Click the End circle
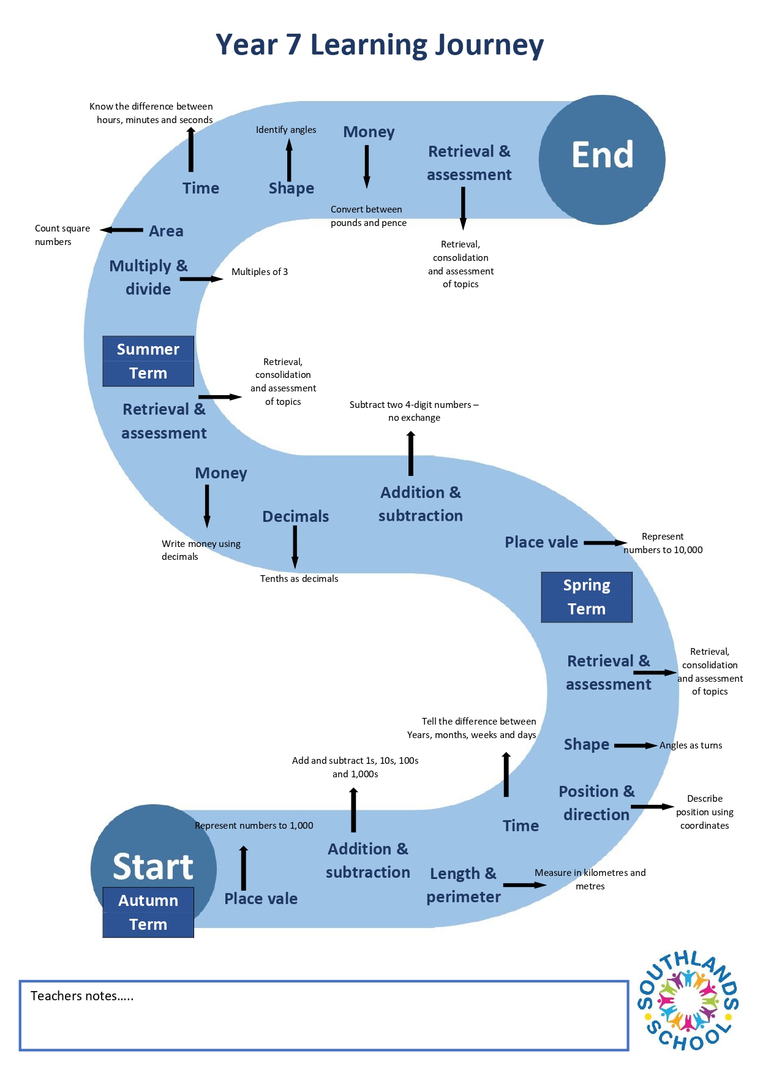coord(602,160)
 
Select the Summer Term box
coord(148,361)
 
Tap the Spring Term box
coord(587,597)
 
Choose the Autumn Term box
coord(148,912)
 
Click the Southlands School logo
coord(688,1000)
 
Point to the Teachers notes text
coord(82,996)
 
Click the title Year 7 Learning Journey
coord(380,45)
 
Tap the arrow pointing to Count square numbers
coord(121,230)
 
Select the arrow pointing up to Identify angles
coord(289,160)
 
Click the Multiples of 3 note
coord(260,272)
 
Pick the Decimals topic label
coord(296,516)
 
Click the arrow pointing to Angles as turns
coord(636,745)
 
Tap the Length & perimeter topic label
coord(464,885)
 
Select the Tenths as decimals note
coord(299,579)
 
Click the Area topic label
coord(166,231)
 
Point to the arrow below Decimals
coord(295,548)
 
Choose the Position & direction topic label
coord(596,803)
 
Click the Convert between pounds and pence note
coord(369,216)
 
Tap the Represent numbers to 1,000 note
coord(254,826)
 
